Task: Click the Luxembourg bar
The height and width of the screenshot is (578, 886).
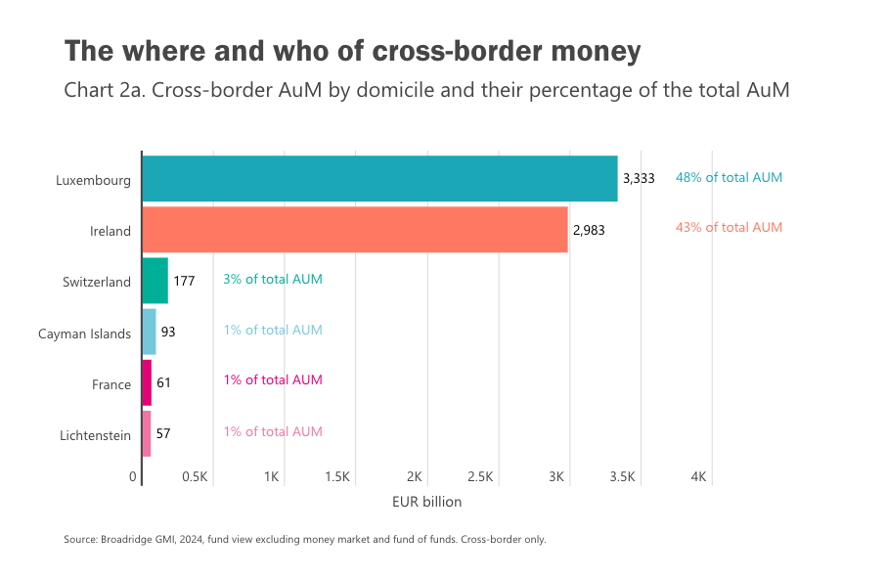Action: pos(379,179)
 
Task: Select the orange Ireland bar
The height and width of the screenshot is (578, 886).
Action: pos(354,230)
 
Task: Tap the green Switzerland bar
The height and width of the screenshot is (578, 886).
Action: pos(155,281)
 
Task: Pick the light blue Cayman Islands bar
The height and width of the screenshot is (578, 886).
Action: pos(149,332)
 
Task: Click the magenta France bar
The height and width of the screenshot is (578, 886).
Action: pos(147,382)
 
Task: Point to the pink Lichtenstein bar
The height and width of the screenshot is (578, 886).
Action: pos(147,433)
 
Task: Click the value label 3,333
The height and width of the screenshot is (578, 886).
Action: pos(639,179)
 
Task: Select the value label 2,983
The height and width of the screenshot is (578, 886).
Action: pos(590,230)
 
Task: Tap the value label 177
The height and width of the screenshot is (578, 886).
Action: pos(184,281)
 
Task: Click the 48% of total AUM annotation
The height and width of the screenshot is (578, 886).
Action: pos(729,178)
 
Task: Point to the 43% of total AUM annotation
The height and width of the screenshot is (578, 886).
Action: pos(729,228)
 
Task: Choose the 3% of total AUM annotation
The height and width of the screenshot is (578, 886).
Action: pos(273,279)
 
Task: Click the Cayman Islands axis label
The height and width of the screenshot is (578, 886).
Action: pos(84,333)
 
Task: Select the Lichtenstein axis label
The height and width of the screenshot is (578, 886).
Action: pos(94,435)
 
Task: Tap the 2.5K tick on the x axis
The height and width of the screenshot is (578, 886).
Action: pos(480,477)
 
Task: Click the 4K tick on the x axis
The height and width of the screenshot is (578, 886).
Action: pos(698,477)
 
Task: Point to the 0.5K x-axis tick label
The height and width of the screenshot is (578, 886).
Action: pos(196,477)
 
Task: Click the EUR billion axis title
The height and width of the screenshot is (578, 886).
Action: pos(426,502)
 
